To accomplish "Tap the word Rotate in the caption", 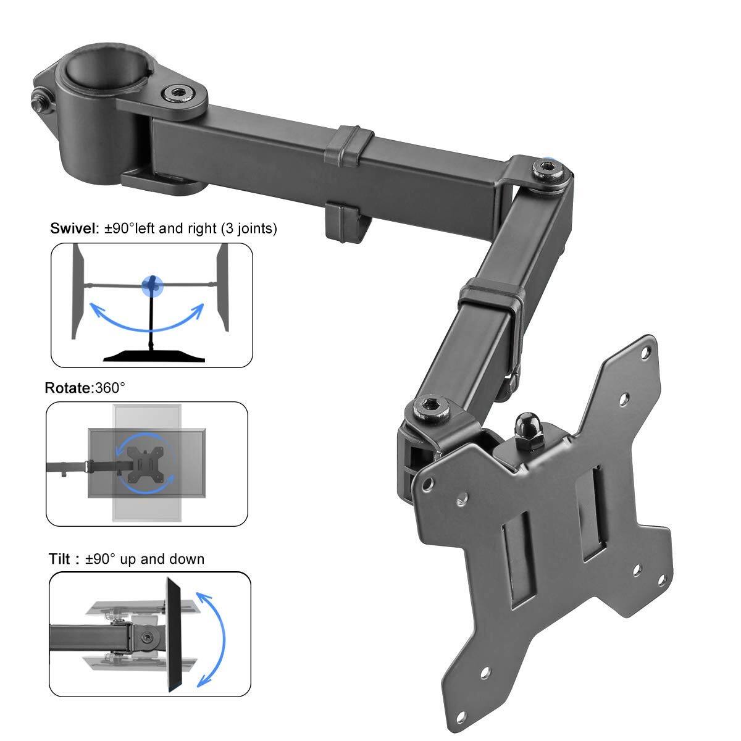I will click(x=67, y=388).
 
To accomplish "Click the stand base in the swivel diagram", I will click(x=151, y=354).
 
